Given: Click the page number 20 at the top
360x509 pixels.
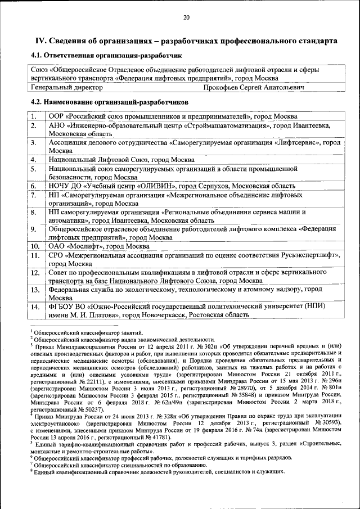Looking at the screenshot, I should pos(186,17).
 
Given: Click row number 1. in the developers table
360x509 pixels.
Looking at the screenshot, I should pos(34,116).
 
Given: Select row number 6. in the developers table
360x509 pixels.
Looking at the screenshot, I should pos(34,186).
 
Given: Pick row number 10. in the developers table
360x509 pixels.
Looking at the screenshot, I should pos(34,246).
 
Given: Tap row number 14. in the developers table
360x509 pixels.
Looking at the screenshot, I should pos(34,307).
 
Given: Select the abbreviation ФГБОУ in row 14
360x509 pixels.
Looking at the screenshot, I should pos(61,307).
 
